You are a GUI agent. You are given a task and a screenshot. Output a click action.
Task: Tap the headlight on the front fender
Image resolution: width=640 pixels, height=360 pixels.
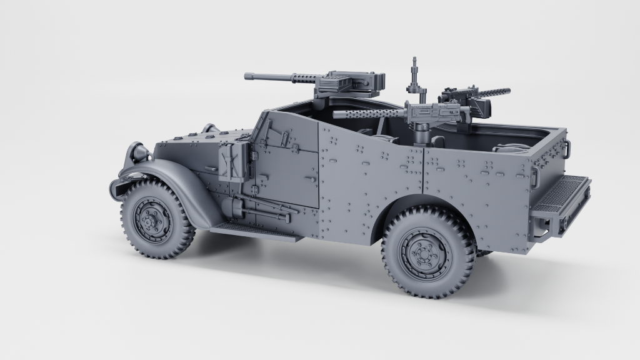pyautogui.click(x=138, y=151)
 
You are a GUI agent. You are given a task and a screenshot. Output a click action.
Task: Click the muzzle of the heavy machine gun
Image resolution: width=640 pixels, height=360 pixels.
pyautogui.click(x=247, y=76)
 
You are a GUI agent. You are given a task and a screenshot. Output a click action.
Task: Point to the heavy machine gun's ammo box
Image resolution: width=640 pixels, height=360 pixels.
pyautogui.click(x=337, y=81)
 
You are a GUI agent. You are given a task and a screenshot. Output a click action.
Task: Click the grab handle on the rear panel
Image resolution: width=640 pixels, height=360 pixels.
pyautogui.click(x=567, y=147)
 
